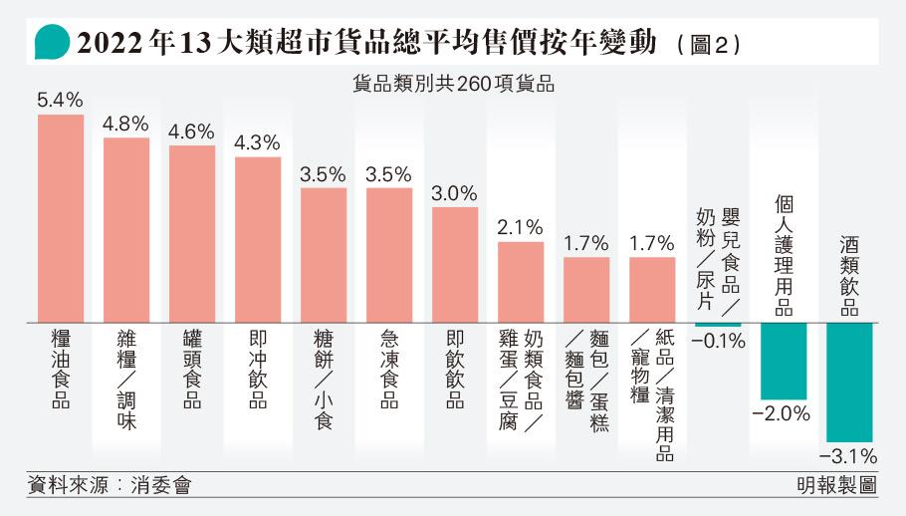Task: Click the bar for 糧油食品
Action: coord(61,218)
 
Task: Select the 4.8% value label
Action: coord(125,125)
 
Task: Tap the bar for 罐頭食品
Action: coord(192,234)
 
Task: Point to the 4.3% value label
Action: coord(257,142)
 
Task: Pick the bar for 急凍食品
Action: coord(389,255)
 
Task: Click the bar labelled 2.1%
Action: coord(521,282)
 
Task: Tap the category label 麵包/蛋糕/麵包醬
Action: coord(586,384)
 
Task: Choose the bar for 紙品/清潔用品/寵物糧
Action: coord(652,290)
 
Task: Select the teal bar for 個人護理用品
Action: coord(784,362)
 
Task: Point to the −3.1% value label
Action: coord(849,457)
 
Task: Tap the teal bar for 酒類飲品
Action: coord(849,383)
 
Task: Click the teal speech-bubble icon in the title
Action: coord(51,44)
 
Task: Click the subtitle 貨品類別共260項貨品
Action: coord(453,85)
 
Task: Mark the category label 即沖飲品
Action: coord(258,371)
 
